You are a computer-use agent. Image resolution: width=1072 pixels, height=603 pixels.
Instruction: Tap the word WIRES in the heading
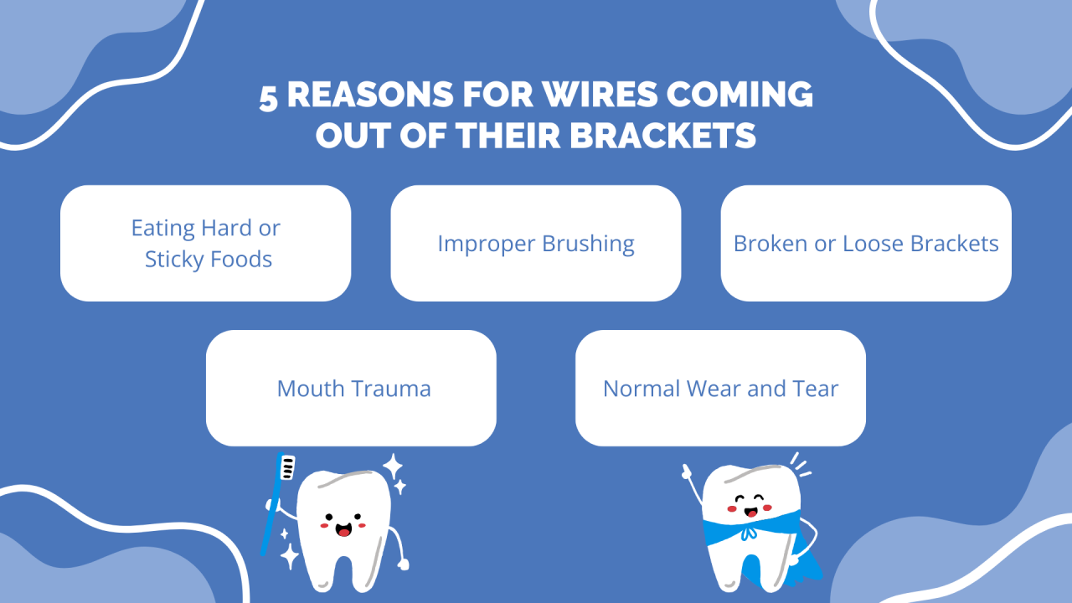573,95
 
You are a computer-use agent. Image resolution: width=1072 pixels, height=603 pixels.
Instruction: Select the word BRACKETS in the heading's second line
663,136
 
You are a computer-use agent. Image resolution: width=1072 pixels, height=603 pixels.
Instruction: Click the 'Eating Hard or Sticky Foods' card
205,243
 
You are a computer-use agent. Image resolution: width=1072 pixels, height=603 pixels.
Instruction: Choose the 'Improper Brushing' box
536,243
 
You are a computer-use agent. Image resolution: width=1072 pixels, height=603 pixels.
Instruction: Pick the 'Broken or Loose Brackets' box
866,243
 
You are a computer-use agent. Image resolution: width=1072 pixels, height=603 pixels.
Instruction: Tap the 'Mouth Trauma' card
351,388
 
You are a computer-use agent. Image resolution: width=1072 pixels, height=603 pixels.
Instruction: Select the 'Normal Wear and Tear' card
720,388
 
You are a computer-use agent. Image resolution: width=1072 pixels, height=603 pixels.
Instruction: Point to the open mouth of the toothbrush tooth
343,530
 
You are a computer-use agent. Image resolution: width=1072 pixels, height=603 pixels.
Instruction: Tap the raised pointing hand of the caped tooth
687,472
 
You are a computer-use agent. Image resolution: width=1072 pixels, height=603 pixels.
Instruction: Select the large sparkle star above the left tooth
392,466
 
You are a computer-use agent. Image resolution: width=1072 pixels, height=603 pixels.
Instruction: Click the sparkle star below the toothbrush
290,555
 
